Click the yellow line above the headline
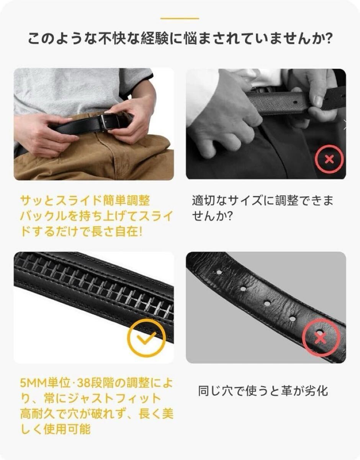[x=180, y=19]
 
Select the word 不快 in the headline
[x=113, y=38]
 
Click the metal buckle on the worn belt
[x=110, y=122]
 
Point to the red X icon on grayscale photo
[x=329, y=159]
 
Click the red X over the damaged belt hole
[x=321, y=337]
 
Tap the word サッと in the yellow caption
[x=38, y=200]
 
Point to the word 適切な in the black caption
[x=209, y=200]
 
